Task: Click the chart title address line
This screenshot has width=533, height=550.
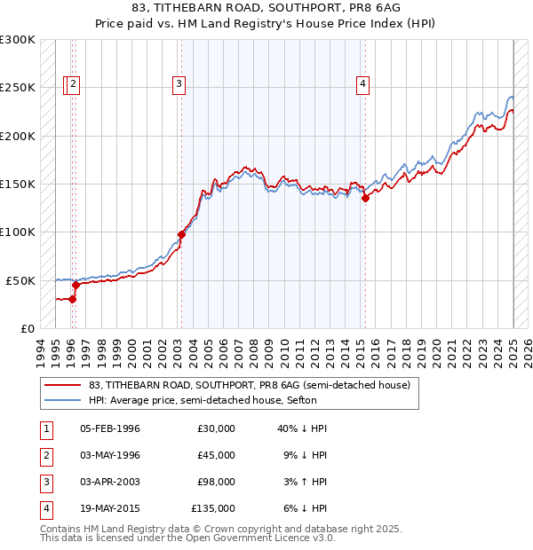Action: pyautogui.click(x=266, y=9)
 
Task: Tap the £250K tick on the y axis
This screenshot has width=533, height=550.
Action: pyautogui.click(x=18, y=88)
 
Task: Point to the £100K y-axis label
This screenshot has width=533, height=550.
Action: pyautogui.click(x=18, y=232)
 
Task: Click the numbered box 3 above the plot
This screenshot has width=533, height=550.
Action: pyautogui.click(x=179, y=84)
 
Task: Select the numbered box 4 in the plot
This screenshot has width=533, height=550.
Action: pyautogui.click(x=363, y=84)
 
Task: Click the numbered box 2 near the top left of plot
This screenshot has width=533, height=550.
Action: pyautogui.click(x=73, y=84)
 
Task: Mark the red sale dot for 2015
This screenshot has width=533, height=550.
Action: pyautogui.click(x=364, y=199)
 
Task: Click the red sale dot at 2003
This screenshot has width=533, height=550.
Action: pyautogui.click(x=181, y=234)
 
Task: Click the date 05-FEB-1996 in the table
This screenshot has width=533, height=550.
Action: pyautogui.click(x=110, y=428)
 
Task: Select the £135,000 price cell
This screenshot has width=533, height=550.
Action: pyautogui.click(x=213, y=508)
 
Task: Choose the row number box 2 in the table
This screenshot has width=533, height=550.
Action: pyautogui.click(x=44, y=455)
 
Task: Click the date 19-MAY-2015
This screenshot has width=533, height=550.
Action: pyautogui.click(x=110, y=508)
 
